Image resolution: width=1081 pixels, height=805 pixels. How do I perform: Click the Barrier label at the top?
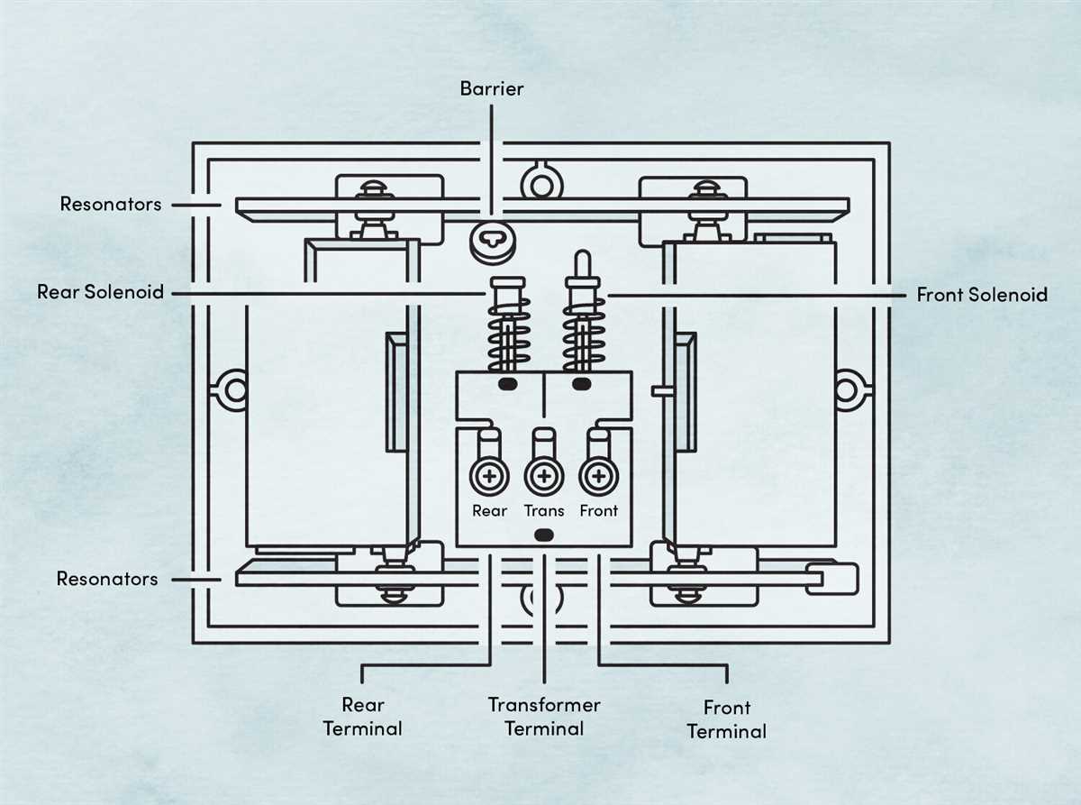tap(491, 88)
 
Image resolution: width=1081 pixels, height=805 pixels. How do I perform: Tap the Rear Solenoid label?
tap(100, 292)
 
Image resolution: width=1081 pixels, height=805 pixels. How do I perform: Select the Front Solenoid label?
tap(981, 294)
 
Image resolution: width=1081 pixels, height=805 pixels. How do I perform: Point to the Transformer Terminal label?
tap(544, 716)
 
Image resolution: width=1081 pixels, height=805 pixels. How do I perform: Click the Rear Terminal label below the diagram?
tap(362, 716)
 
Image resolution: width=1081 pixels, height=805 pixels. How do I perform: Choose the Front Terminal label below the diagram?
tap(726, 718)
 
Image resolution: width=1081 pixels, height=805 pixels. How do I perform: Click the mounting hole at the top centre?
tap(540, 184)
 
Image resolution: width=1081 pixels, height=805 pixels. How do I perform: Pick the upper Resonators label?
tap(111, 204)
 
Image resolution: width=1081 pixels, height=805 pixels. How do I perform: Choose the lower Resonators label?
tap(107, 579)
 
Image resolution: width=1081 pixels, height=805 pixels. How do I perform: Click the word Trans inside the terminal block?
tap(544, 510)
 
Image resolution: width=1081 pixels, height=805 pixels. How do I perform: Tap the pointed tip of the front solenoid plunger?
tap(580, 261)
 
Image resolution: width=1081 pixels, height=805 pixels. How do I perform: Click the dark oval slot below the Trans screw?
tap(543, 535)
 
